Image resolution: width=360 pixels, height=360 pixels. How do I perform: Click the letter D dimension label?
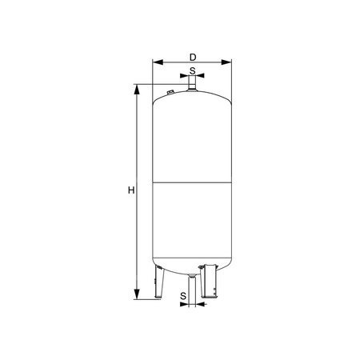pyautogui.click(x=192, y=56)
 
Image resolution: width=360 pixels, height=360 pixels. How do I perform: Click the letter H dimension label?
pyautogui.click(x=130, y=190)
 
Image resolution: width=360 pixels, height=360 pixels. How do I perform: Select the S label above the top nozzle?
pyautogui.click(x=192, y=70)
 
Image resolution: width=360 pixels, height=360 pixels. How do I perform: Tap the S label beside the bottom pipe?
pyautogui.click(x=183, y=295)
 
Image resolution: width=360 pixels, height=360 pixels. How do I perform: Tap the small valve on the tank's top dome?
pyautogui.click(x=170, y=94)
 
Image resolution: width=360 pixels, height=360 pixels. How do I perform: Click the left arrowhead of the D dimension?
pyautogui.click(x=155, y=62)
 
